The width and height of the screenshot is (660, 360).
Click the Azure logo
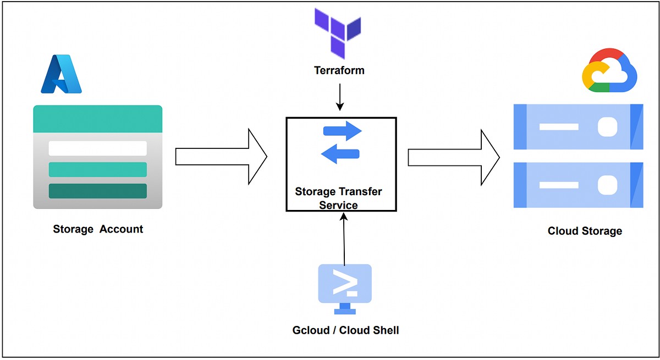[x=61, y=74]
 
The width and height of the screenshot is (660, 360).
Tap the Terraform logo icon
[x=337, y=32]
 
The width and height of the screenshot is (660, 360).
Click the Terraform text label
[x=339, y=70]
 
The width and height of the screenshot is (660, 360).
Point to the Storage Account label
[x=98, y=229]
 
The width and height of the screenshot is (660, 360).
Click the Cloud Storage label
[x=585, y=231]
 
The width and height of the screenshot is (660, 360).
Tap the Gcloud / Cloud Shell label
[x=345, y=330]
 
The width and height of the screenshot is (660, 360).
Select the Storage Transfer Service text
[x=338, y=198]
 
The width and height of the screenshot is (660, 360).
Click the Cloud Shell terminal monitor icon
[x=345, y=286]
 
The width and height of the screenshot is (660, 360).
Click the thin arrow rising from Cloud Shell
[x=344, y=239]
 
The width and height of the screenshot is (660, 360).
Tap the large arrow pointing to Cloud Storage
[x=453, y=158]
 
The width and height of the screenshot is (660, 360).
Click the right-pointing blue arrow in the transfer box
[x=342, y=131]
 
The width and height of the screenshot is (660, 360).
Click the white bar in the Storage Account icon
[x=97, y=148]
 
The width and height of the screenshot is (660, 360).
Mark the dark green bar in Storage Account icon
[x=97, y=191]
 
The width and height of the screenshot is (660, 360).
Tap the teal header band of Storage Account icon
[x=97, y=119]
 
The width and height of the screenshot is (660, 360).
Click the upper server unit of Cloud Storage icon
[x=578, y=127]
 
